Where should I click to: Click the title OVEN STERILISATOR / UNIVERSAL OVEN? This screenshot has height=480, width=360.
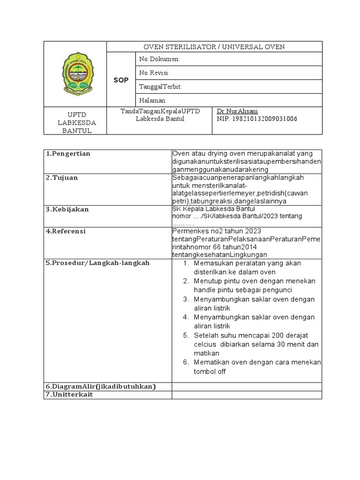click(214, 46)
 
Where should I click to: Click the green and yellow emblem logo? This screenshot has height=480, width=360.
click(75, 74)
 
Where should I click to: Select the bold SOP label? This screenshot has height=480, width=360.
click(121, 80)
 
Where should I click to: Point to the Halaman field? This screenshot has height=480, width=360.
click(153, 100)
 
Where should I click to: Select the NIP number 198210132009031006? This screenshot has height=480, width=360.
click(257, 119)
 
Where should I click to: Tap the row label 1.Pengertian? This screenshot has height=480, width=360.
click(68, 154)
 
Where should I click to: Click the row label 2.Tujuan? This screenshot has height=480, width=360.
click(62, 178)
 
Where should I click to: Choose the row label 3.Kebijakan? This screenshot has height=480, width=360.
click(67, 209)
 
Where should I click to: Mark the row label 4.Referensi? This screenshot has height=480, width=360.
click(67, 231)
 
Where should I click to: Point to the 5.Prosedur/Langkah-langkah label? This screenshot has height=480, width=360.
click(97, 263)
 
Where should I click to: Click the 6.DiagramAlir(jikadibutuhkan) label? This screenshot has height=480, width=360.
click(100, 386)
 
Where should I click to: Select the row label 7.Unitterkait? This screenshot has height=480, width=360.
click(69, 395)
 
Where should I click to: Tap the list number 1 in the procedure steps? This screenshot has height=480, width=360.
click(186, 263)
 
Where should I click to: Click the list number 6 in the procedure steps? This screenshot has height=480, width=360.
click(186, 362)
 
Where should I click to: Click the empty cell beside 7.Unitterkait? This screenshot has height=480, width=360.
click(247, 395)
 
